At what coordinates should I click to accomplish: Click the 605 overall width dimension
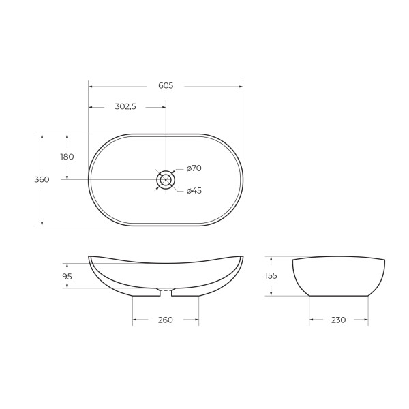(166, 86)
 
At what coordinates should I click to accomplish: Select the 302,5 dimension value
(125, 107)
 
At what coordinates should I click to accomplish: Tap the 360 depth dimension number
(42, 180)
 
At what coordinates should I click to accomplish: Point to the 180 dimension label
(67, 157)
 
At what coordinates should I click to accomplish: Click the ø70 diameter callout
(194, 168)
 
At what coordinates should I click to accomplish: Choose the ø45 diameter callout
(194, 191)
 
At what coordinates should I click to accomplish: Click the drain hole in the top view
(166, 179)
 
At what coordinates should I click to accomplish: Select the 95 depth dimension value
(67, 276)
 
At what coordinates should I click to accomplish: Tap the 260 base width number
(166, 320)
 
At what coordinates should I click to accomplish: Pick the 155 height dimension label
(271, 276)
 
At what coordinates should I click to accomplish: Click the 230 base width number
(338, 320)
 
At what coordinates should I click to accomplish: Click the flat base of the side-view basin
(338, 296)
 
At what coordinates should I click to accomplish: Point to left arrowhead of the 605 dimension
(91, 86)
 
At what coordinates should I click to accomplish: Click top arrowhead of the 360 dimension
(42, 136)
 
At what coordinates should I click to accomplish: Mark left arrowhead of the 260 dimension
(135, 320)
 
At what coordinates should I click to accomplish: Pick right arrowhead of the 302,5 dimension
(163, 107)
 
